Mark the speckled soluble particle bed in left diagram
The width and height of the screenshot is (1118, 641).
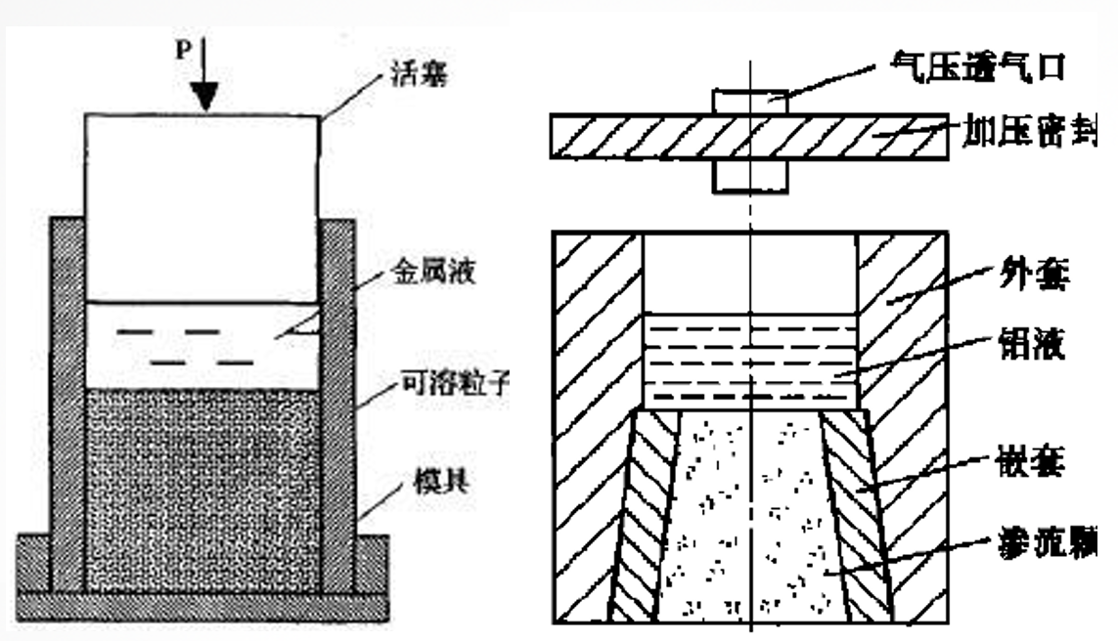tap(202, 489)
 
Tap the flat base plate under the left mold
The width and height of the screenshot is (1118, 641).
tap(202, 605)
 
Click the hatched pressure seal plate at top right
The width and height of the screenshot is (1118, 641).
tap(636, 137)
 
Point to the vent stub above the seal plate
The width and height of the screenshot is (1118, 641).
tap(750, 101)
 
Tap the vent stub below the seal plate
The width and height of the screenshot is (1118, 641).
tap(750, 175)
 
